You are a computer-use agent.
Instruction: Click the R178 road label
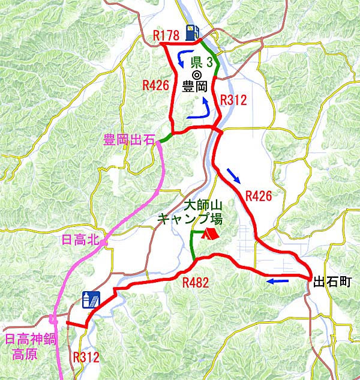(166, 36)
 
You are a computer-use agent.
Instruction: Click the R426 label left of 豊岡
(155, 85)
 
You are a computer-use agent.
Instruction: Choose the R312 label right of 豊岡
(233, 100)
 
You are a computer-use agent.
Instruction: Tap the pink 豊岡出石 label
(127, 140)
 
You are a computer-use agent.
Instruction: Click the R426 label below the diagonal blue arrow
(259, 195)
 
